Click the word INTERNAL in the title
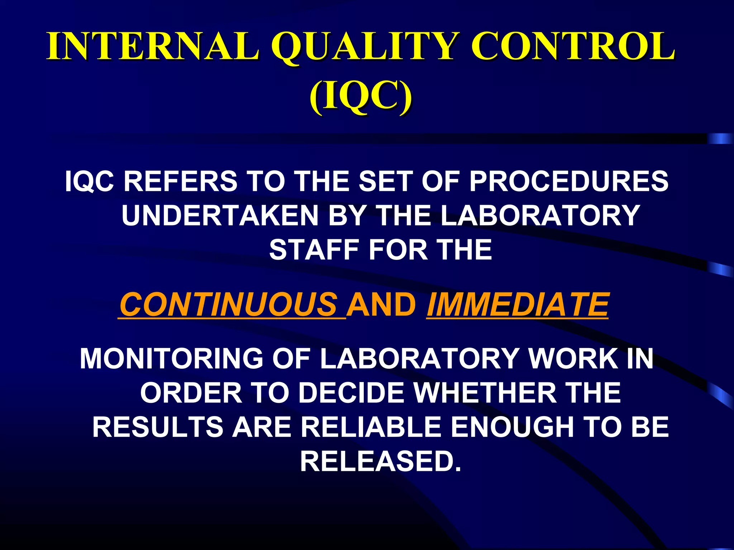pos(152,47)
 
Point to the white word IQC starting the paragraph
pos(90,181)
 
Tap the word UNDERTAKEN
pos(220,216)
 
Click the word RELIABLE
pos(371,427)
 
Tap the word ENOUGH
pos(511,427)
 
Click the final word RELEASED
pos(380,461)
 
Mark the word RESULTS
pos(158,427)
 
